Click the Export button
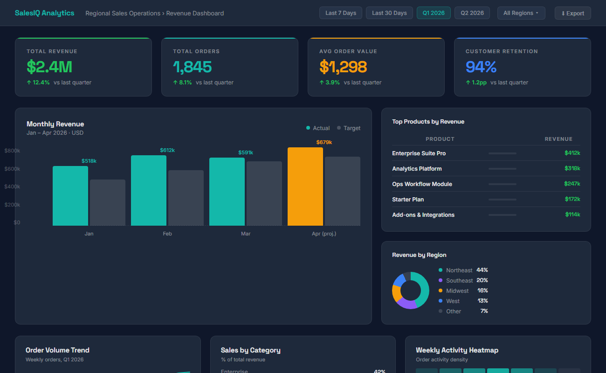point(572,13)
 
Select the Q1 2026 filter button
point(434,13)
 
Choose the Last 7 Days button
point(341,13)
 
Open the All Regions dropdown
point(521,13)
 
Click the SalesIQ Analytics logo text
point(44,13)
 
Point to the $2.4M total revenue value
point(49,67)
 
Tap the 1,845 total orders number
point(192,67)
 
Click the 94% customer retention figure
point(481,67)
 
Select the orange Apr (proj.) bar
point(305,186)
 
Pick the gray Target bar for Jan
point(107,202)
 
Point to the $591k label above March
point(246,152)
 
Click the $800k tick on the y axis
point(12,151)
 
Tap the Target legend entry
point(349,128)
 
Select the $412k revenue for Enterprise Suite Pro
point(572,153)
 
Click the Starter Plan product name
point(408,200)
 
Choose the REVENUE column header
point(558,139)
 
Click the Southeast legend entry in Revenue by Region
point(459,281)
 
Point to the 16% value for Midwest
point(482,290)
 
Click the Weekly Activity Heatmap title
point(457,350)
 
